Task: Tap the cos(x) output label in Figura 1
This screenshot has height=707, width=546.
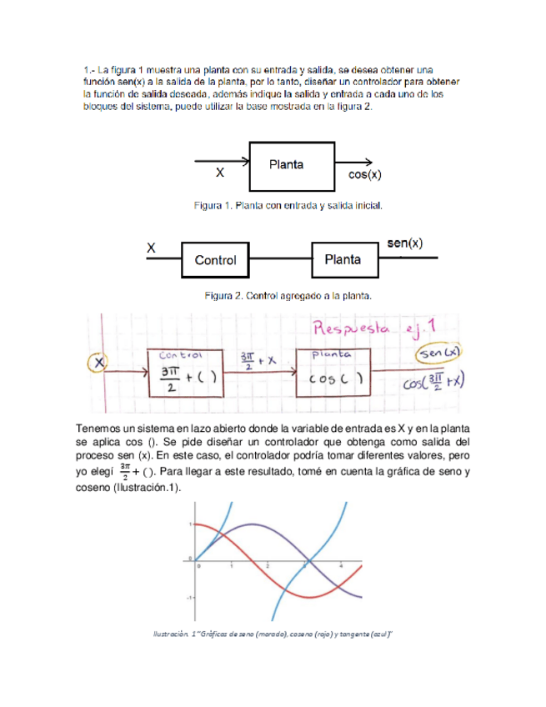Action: click(x=364, y=176)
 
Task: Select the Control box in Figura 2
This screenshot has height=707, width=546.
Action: click(x=215, y=260)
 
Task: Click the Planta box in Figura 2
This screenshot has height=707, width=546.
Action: click(x=342, y=259)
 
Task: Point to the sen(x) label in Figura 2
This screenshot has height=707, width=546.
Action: click(x=405, y=243)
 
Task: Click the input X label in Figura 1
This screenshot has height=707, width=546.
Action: click(x=220, y=174)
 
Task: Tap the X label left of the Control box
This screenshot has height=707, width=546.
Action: click(x=152, y=248)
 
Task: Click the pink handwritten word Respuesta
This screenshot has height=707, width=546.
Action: click(x=363, y=329)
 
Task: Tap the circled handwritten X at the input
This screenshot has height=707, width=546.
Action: click(x=98, y=364)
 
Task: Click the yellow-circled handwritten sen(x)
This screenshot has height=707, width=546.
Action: click(x=441, y=353)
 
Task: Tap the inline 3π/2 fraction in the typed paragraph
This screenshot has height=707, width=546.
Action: click(x=124, y=472)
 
